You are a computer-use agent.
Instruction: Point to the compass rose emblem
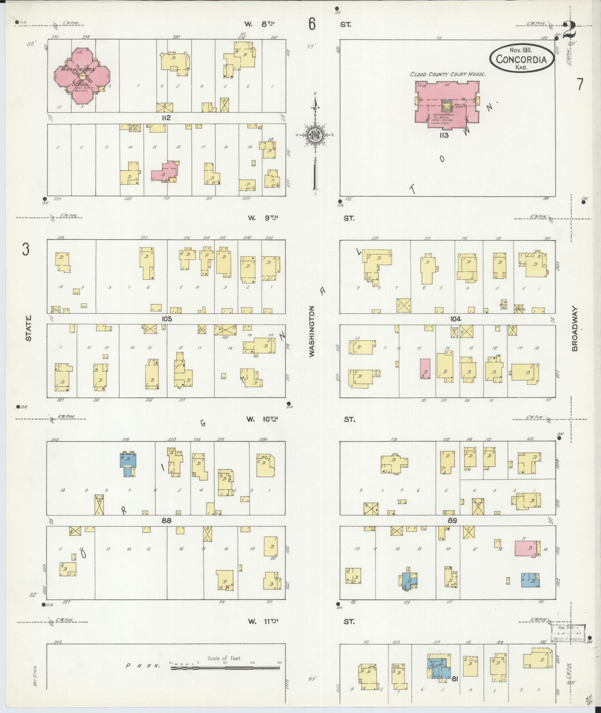pyautogui.click(x=315, y=136)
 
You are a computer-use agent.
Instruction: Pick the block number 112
pyautogui.click(x=166, y=118)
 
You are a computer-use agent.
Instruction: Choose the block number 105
pyautogui.click(x=166, y=319)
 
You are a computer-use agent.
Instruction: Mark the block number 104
pyautogui.click(x=455, y=319)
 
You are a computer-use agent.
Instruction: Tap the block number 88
pyautogui.click(x=166, y=520)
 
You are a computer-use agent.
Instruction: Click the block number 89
pyautogui.click(x=452, y=520)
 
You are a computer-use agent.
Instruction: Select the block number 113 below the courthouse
pyautogui.click(x=444, y=135)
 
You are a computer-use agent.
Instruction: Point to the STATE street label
pyautogui.click(x=28, y=328)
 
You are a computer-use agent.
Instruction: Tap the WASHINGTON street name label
pyautogui.click(x=311, y=331)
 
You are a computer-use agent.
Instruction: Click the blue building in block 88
pyautogui.click(x=128, y=464)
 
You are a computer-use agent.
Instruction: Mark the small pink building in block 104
pyautogui.click(x=425, y=369)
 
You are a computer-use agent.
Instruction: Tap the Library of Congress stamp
pyautogui.click(x=568, y=633)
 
